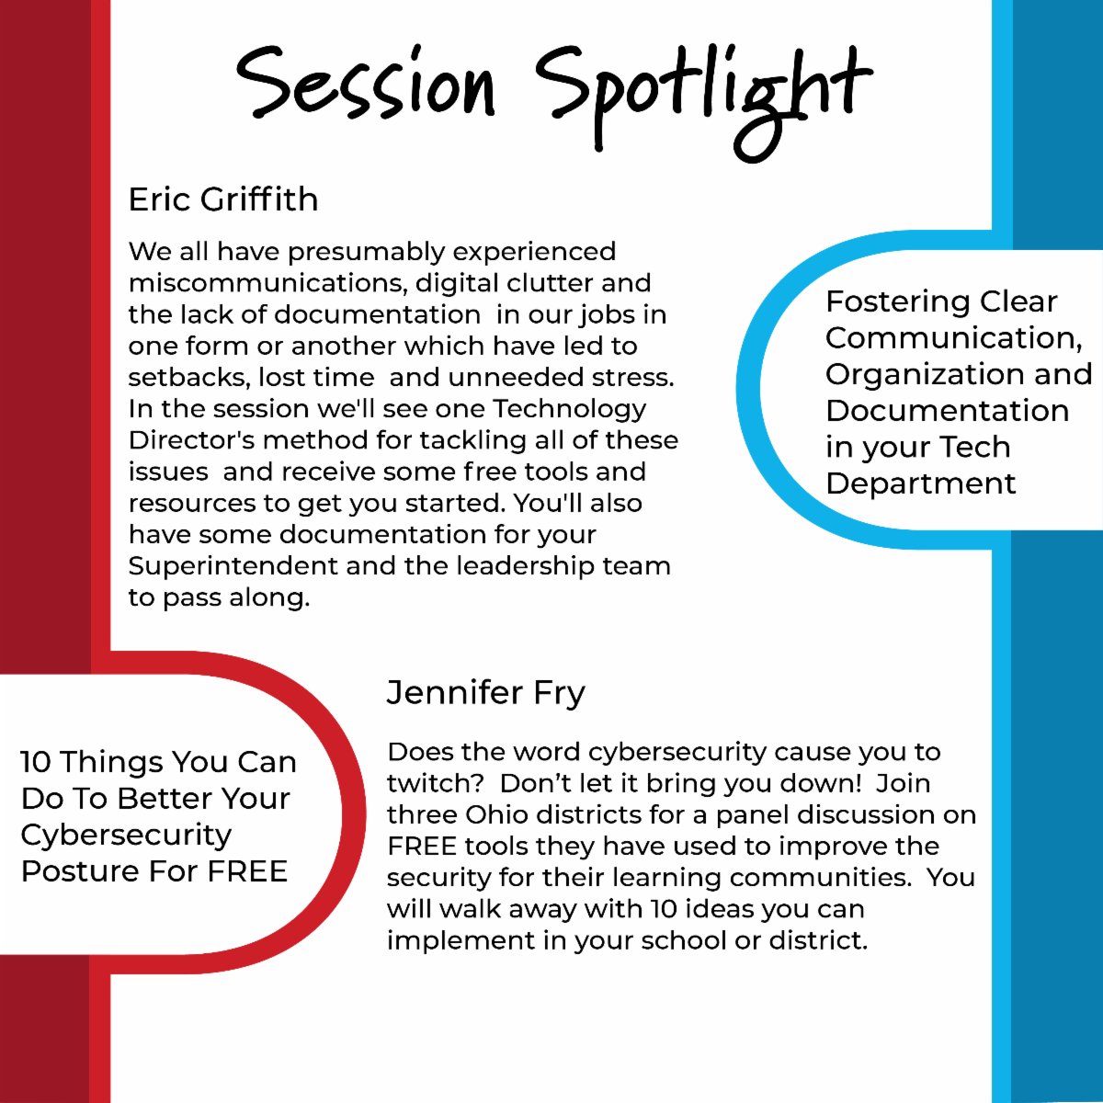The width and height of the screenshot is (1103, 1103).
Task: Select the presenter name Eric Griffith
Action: tap(223, 199)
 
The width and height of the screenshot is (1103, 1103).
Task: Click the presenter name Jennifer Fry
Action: tap(485, 693)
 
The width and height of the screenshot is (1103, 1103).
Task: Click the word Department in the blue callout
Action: tap(921, 483)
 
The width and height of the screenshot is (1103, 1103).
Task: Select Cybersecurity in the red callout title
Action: tap(126, 836)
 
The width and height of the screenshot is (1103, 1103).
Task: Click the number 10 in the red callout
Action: tap(36, 762)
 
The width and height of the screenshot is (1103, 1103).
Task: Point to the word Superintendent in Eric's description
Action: tap(233, 566)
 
